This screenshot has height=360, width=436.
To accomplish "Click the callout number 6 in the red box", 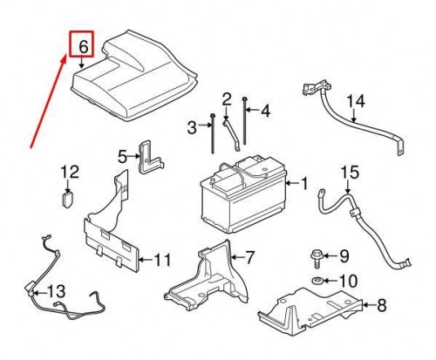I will click(84, 44).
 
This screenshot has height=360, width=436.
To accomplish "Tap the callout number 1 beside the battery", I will click(304, 183).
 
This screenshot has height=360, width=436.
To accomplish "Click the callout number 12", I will click(69, 172).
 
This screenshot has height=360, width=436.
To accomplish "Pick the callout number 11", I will click(163, 260).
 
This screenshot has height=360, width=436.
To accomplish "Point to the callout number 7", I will click(249, 257).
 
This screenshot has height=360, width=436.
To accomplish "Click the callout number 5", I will click(124, 157).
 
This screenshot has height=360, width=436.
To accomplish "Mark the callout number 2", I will click(225, 98).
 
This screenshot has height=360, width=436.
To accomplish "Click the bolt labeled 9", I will click(315, 256).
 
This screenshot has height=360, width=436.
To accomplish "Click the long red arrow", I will click(48, 100).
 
